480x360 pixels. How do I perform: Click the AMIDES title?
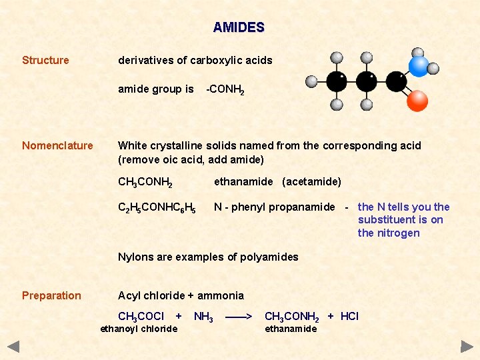[239, 28]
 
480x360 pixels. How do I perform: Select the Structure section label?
[45, 60]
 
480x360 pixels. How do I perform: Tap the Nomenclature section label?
[57, 145]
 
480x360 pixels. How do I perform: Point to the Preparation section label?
[51, 295]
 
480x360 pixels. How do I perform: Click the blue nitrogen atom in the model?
[419, 65]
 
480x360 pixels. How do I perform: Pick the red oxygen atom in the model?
[417, 101]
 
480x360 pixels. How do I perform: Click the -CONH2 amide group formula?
[225, 89]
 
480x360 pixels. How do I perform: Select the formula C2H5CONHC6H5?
[157, 208]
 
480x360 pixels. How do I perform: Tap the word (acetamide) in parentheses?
[311, 182]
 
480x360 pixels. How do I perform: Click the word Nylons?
[135, 257]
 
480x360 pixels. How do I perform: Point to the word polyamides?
[270, 257]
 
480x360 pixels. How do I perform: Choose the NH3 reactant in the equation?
[203, 317]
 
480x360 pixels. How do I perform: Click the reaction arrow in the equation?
[239, 316]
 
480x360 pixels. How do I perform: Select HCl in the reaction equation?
[349, 316]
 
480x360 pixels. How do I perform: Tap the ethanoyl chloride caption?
[139, 329]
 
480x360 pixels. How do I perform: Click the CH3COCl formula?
[141, 316]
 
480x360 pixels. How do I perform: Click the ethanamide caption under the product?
[291, 329]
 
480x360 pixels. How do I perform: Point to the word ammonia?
[222, 295]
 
